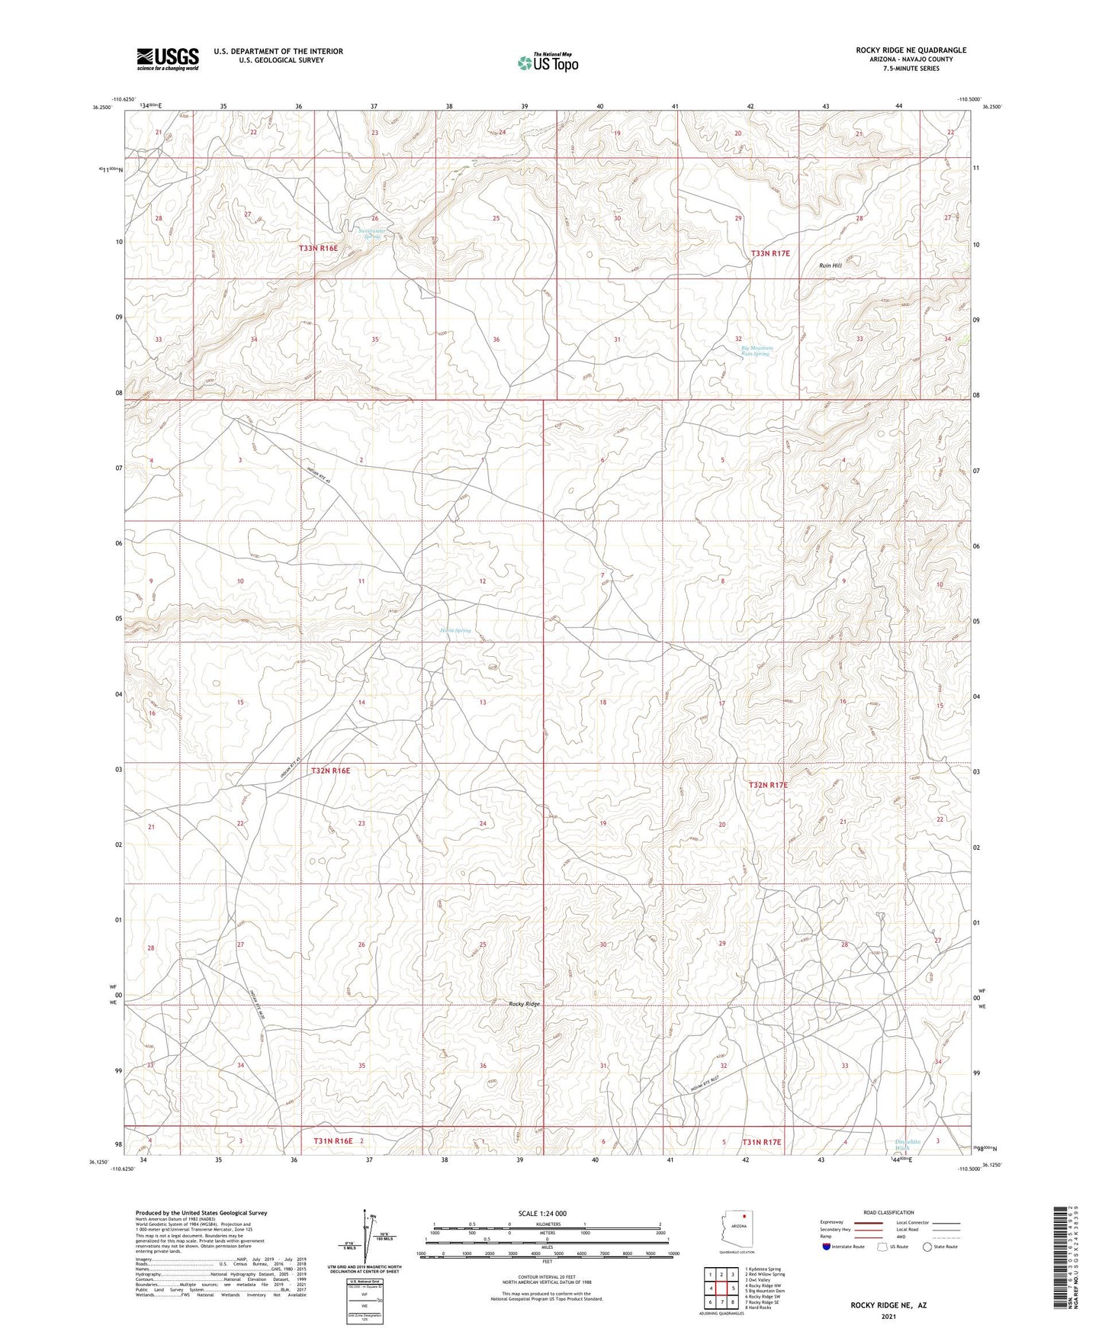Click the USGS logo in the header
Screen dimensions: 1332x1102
pyautogui.click(x=167, y=59)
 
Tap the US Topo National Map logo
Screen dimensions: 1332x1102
pyautogui.click(x=547, y=63)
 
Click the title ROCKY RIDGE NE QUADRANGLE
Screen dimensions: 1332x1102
pyautogui.click(x=911, y=50)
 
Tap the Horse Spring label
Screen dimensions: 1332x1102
pyautogui.click(x=455, y=631)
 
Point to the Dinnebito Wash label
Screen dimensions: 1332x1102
pyautogui.click(x=907, y=1144)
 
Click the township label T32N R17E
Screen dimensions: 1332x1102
pyautogui.click(x=768, y=785)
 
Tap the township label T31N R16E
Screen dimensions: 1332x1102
pyautogui.click(x=333, y=1141)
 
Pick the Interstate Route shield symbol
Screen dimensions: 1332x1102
pyautogui.click(x=827, y=1247)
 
